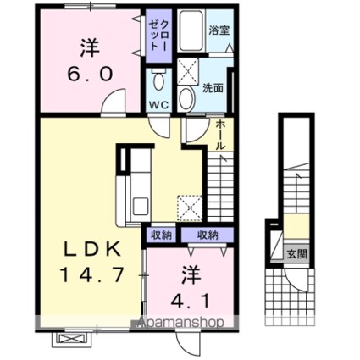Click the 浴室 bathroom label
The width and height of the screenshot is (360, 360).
tap(219, 30)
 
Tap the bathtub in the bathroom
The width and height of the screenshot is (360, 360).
tap(191, 30)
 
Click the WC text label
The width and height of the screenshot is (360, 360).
tap(159, 105)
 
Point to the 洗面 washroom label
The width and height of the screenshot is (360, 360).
tap(213, 89)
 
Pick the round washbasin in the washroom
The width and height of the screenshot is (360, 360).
tap(186, 98)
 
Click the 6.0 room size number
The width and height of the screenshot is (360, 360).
tap(90, 75)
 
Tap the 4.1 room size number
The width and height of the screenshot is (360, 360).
tap(191, 302)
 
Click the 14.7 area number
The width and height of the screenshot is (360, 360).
tap(92, 274)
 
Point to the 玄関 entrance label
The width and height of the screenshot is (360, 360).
tap(296, 255)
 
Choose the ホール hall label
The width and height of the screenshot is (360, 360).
tap(220, 135)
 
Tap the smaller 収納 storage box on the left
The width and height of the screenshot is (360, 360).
tap(161, 235)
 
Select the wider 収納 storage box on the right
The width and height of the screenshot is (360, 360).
tap(208, 235)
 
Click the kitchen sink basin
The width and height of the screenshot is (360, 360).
tap(141, 206)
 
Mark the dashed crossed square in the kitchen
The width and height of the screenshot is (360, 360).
tap(190, 208)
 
